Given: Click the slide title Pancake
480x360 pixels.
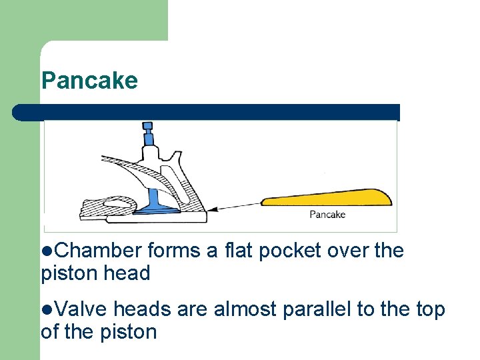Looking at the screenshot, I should (x=89, y=81).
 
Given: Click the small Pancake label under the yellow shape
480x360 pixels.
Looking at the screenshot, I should (x=327, y=215).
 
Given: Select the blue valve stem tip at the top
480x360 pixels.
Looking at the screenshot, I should (x=147, y=126).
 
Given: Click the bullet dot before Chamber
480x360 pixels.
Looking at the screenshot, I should (x=45, y=251).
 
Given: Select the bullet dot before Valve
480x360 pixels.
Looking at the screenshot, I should (x=45, y=310).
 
